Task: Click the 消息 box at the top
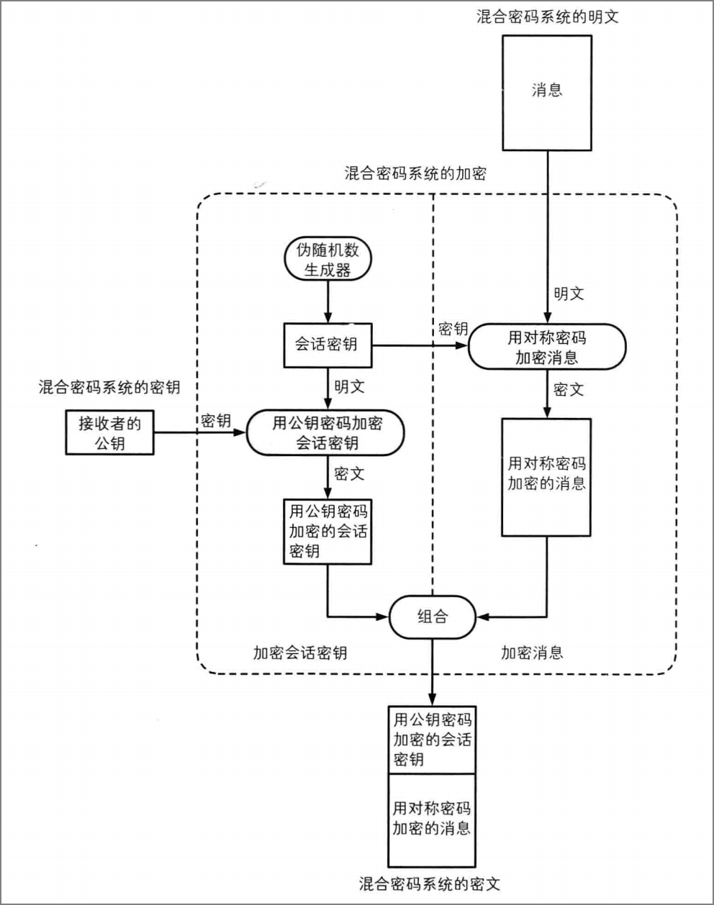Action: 547,93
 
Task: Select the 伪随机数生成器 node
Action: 327,259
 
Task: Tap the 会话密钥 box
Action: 327,345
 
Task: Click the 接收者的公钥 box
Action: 109,432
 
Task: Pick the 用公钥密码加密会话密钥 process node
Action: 325,433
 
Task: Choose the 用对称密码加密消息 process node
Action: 547,347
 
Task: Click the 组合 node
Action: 432,617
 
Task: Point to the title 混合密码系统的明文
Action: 548,17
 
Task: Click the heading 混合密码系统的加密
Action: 415,173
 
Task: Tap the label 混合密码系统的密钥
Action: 109,387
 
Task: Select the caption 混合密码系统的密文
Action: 430,884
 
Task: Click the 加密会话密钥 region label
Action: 300,652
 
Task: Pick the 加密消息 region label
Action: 532,652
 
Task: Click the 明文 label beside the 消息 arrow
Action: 569,294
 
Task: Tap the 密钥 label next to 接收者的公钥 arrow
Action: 215,420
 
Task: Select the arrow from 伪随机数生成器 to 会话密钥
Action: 327,302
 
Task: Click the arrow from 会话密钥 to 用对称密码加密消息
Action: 420,346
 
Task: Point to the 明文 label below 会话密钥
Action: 349,386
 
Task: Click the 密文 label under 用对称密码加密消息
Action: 569,389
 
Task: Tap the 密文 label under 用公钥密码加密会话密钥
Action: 349,474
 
